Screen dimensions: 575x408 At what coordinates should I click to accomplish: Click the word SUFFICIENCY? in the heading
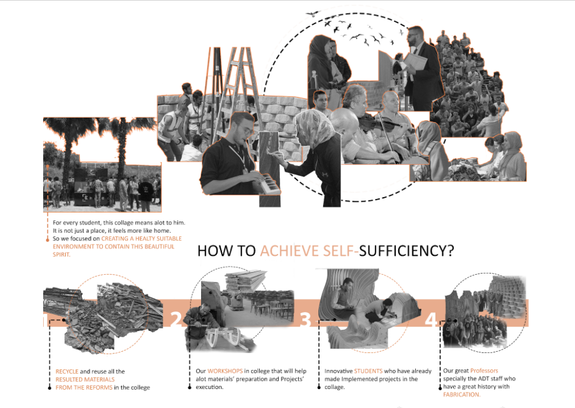[406, 251]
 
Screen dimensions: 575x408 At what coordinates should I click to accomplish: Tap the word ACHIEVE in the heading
[290, 251]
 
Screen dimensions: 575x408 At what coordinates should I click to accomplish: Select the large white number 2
[176, 320]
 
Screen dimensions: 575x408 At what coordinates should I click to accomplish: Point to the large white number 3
[305, 320]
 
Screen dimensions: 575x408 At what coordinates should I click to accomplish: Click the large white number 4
[431, 320]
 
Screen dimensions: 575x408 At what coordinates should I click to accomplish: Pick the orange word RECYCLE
[67, 371]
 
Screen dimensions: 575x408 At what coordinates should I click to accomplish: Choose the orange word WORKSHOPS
[225, 371]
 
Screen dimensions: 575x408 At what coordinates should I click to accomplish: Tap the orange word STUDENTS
[368, 371]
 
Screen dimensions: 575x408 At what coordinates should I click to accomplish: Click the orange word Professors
[484, 371]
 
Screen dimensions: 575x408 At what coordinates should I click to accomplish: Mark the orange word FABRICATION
[461, 394]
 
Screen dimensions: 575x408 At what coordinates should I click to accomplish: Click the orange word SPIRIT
[62, 255]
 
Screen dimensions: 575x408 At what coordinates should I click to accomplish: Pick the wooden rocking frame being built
[224, 338]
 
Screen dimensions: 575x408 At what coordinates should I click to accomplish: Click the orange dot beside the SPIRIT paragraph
[48, 239]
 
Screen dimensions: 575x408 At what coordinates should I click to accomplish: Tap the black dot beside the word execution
[189, 387]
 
